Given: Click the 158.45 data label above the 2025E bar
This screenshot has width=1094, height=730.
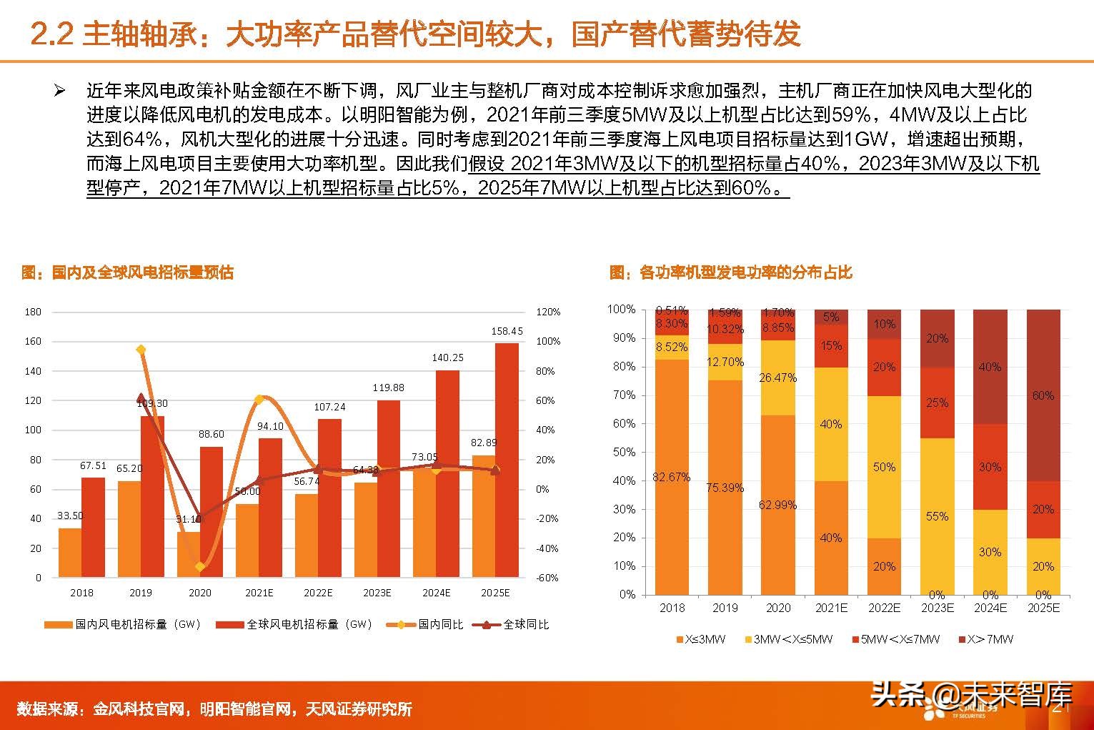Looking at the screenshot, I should (507, 331).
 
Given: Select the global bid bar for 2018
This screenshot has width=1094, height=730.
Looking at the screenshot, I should (93, 527).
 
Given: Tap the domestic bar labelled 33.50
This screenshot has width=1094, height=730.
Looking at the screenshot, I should (70, 552).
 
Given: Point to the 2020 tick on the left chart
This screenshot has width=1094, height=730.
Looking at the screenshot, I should (200, 593).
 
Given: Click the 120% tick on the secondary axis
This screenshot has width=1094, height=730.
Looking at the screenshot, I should (548, 312).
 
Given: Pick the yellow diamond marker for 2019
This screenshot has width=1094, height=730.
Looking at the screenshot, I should (141, 350).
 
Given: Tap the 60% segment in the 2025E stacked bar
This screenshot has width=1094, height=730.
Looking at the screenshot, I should (1043, 395).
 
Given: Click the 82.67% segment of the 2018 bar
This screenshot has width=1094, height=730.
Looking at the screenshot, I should (672, 477).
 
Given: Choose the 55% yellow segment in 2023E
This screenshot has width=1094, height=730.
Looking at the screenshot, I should (937, 516).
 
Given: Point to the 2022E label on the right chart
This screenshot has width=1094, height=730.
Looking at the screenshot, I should (884, 608).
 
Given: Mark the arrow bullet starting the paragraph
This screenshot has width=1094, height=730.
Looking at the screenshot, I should (60, 91).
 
